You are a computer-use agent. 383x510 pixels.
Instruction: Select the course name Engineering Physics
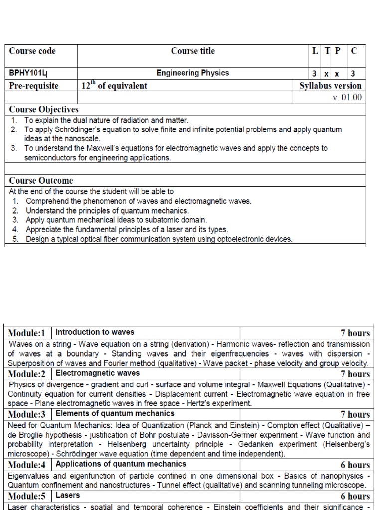[192, 73]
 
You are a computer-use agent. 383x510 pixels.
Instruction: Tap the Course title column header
[192, 51]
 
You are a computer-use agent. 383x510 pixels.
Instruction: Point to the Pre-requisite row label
[34, 86]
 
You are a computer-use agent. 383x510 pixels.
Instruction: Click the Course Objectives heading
[44, 109]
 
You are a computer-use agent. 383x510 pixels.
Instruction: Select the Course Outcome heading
[41, 181]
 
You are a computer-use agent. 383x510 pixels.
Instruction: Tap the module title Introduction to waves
[95, 332]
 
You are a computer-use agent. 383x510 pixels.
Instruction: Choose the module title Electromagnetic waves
[98, 373]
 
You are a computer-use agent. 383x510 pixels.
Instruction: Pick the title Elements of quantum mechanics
[115, 414]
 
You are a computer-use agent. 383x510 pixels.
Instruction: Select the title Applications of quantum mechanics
[121, 464]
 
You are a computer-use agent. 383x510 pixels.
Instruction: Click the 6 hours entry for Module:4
[355, 465]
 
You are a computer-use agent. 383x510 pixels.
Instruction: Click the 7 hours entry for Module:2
[355, 374]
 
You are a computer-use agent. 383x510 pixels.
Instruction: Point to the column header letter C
[354, 51]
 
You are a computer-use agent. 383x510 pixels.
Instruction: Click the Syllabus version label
[330, 86]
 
